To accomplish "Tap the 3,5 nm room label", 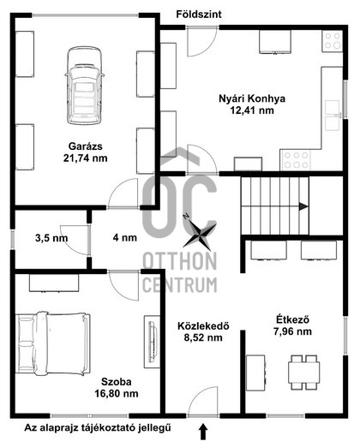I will [x=50, y=238].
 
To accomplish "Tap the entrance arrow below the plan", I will [x=203, y=428].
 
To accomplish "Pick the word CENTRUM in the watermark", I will [x=180, y=283].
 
